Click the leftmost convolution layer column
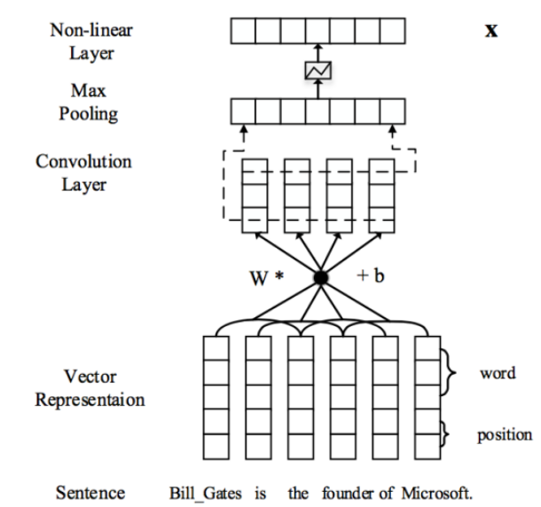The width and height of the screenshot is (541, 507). pos(255,195)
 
